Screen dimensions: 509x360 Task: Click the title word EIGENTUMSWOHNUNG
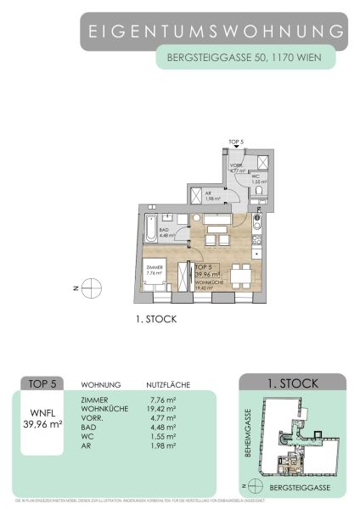pyautogui.click(x=217, y=31)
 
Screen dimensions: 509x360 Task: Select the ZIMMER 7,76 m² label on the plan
pyautogui.click(x=154, y=271)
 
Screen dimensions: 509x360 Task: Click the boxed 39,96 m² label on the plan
pyautogui.click(x=206, y=274)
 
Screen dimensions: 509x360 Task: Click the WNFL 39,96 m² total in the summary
pyautogui.click(x=42, y=418)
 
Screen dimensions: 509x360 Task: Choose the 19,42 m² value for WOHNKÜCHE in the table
pyautogui.click(x=160, y=409)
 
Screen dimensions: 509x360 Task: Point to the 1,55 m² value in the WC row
pyautogui.click(x=160, y=437)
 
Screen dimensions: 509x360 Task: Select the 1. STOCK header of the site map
pyautogui.click(x=293, y=383)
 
